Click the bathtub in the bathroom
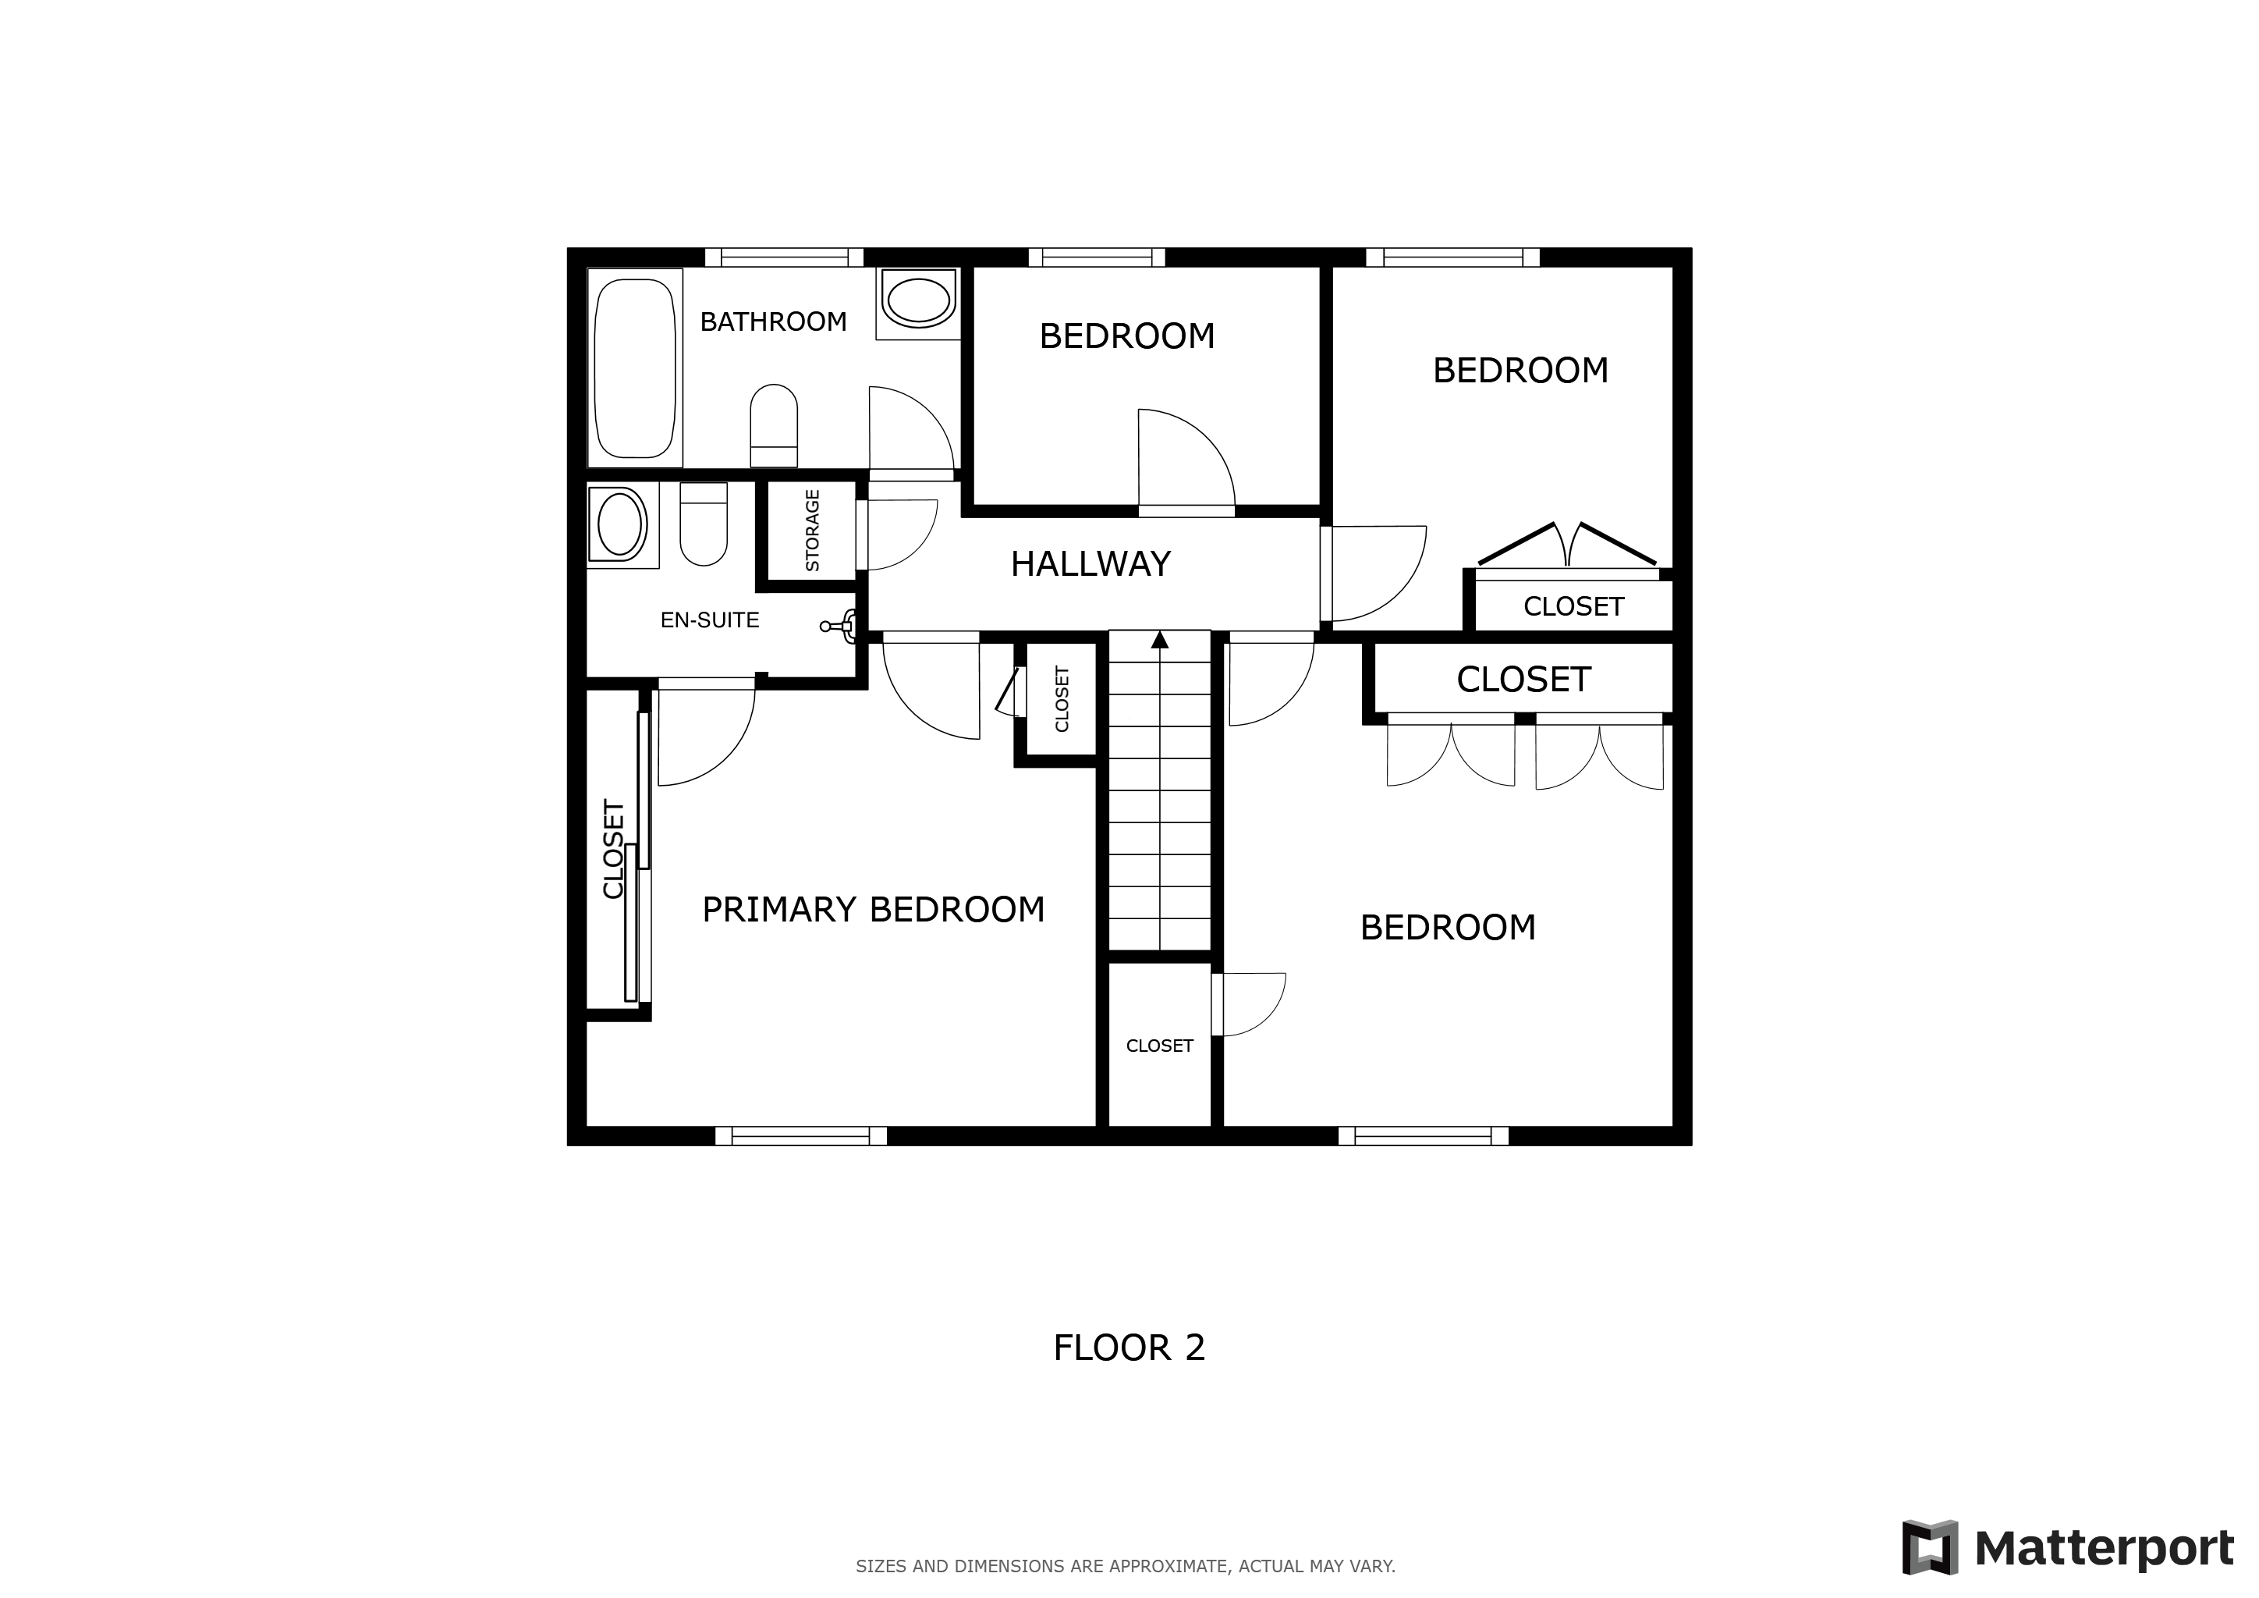coord(635,368)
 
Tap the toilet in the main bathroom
coord(773,425)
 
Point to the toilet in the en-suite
coord(704,524)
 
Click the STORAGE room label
coord(813,531)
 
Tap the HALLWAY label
coord(1090,564)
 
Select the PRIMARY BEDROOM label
coord(873,909)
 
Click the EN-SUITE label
coord(709,620)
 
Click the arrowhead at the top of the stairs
coord(1160,640)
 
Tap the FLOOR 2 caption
coord(1129,1347)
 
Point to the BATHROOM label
coord(773,321)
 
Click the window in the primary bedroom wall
coord(801,1135)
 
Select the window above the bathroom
coord(784,257)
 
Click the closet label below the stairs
coord(1159,1046)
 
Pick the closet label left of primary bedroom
coord(613,849)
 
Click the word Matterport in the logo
coord(2105,1549)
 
